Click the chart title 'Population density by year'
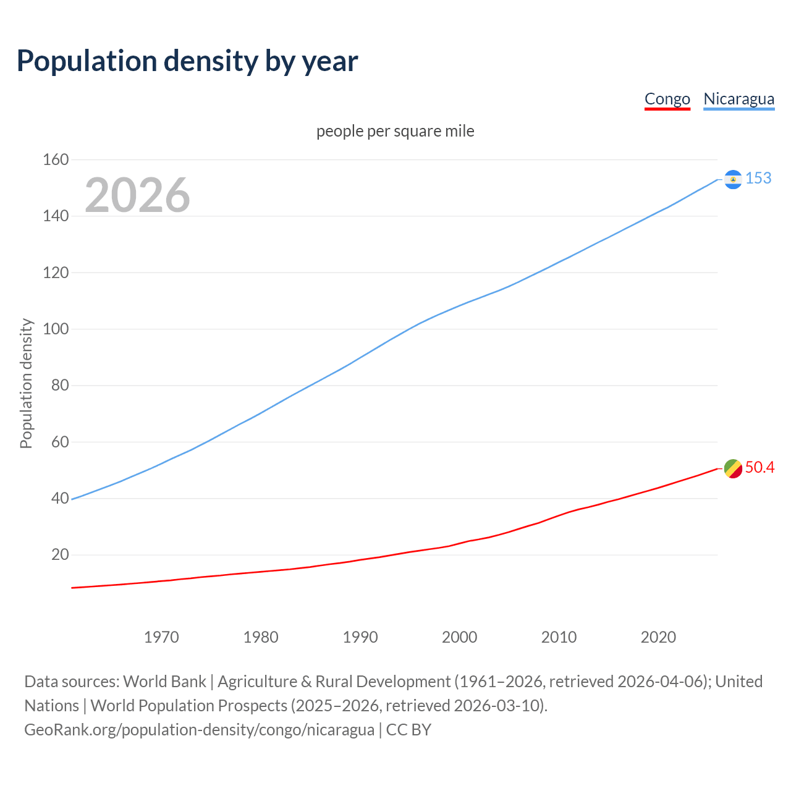pyautogui.click(x=187, y=61)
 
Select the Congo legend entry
pyautogui.click(x=667, y=99)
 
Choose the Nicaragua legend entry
pyautogui.click(x=738, y=99)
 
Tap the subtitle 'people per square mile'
pyautogui.click(x=395, y=131)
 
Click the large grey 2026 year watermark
pyautogui.click(x=137, y=195)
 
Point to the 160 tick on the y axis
pyautogui.click(x=56, y=159)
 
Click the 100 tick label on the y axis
pyautogui.click(x=56, y=329)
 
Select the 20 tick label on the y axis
pyautogui.click(x=60, y=554)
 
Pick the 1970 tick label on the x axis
pyautogui.click(x=161, y=637)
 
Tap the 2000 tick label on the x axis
pyautogui.click(x=459, y=637)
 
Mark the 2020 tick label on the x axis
pyautogui.click(x=658, y=637)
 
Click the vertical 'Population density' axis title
pyautogui.click(x=26, y=383)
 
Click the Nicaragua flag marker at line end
pyautogui.click(x=733, y=179)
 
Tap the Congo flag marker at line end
pyautogui.click(x=733, y=469)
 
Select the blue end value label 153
pyautogui.click(x=758, y=178)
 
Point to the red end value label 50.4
pyautogui.click(x=759, y=467)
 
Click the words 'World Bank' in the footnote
pyautogui.click(x=164, y=682)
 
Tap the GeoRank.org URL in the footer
pyautogui.click(x=199, y=730)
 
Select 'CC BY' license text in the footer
pyautogui.click(x=408, y=730)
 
